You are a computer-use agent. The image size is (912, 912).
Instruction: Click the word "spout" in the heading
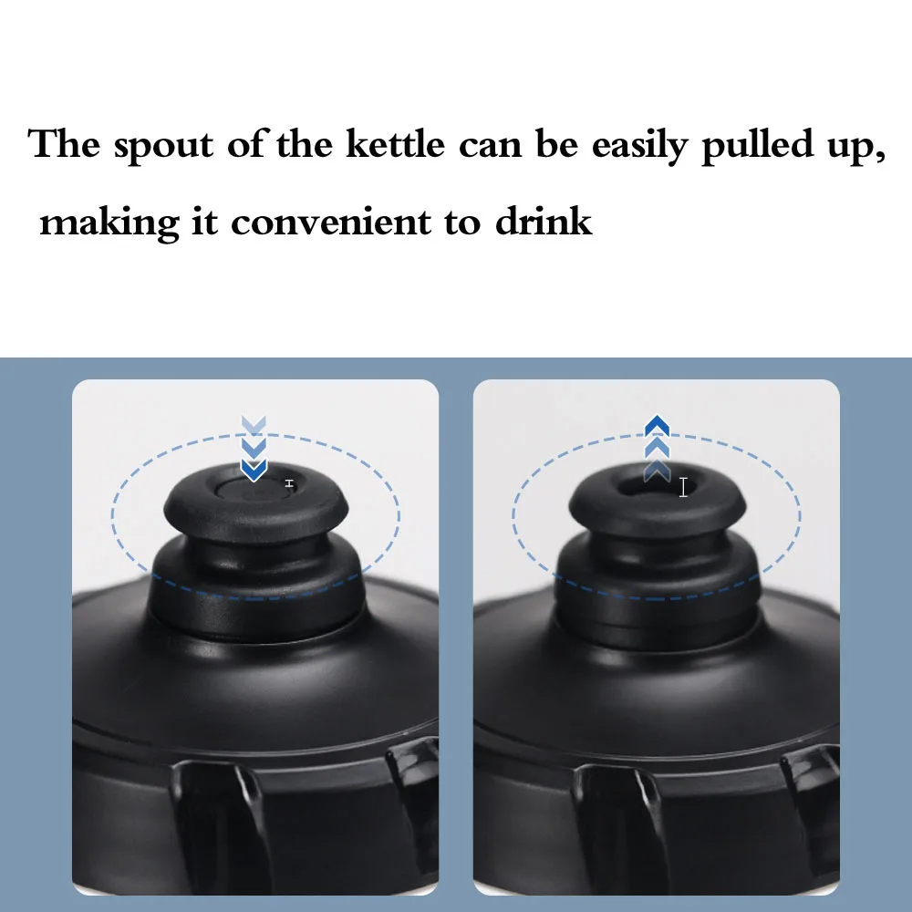163,146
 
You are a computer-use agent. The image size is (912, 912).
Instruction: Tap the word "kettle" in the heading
396,143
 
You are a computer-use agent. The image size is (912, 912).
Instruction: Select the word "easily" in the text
640,146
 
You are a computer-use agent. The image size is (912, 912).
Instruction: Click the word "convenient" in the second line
331,223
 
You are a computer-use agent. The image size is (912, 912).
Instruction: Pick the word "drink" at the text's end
544,221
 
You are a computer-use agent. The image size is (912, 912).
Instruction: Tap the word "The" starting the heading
64,143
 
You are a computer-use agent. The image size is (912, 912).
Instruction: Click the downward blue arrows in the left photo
254,448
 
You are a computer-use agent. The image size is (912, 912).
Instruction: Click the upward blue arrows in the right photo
658,448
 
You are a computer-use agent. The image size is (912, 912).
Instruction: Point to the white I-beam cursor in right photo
683,487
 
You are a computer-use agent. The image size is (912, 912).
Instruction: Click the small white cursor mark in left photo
290,484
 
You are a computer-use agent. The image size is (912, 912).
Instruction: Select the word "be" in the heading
556,143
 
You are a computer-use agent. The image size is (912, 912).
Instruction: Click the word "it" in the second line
204,221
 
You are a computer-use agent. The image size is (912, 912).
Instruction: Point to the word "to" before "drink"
463,223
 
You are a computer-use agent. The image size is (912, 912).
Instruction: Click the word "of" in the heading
244,143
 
